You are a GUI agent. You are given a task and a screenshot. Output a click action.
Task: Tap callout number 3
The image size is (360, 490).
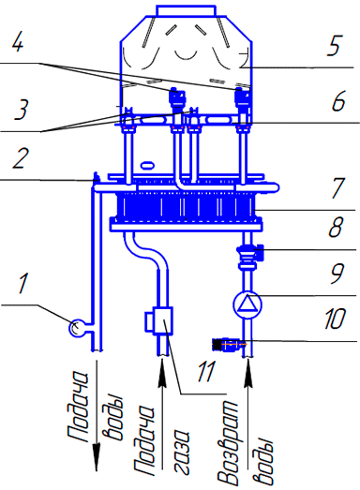22,110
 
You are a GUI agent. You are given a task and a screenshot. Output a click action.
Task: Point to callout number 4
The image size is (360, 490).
17,40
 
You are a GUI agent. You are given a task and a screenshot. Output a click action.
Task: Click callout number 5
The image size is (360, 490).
335,46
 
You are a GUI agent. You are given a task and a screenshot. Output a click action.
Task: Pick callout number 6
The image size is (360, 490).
337,100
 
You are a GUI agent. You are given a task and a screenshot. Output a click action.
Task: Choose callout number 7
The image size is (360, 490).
338,188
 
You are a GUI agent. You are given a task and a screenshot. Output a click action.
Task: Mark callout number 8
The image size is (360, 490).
336,227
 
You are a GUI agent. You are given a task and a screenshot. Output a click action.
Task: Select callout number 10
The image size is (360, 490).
334,319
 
